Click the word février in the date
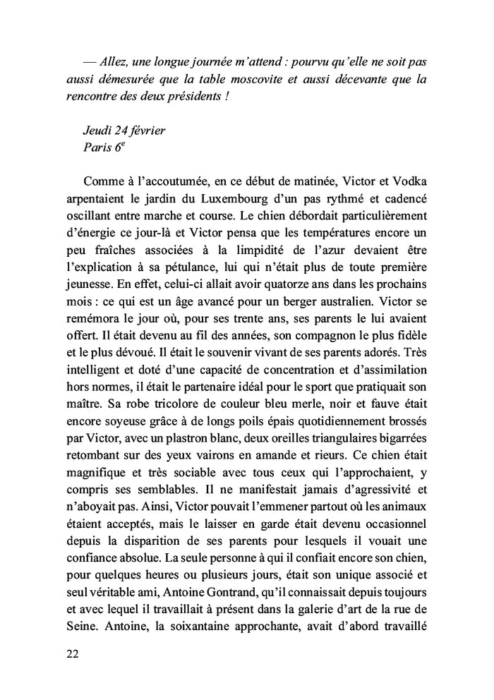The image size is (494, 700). (x=148, y=131)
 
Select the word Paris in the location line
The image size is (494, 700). (x=97, y=150)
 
